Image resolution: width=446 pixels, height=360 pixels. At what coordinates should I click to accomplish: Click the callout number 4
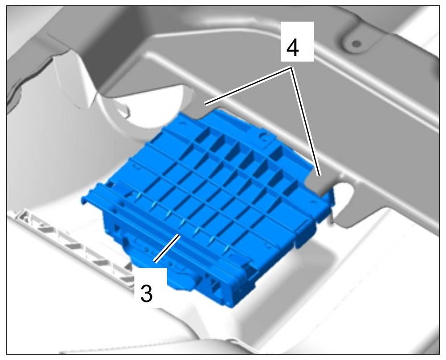click(293, 48)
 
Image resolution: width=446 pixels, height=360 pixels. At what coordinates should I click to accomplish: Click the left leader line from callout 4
click(248, 86)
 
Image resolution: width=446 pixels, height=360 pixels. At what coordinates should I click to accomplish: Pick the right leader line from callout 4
click(306, 121)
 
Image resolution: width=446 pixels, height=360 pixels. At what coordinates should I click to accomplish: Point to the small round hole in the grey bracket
click(356, 43)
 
